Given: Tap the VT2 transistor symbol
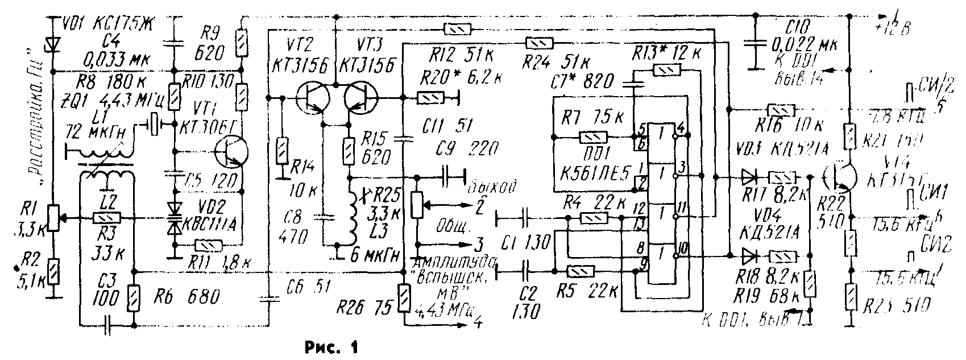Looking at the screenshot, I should coord(313,97).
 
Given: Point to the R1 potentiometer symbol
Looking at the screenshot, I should coord(52,217).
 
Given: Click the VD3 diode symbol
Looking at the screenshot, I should coord(748,177).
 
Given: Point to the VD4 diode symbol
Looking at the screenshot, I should coord(748,255).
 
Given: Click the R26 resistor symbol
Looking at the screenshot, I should coord(403,299).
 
